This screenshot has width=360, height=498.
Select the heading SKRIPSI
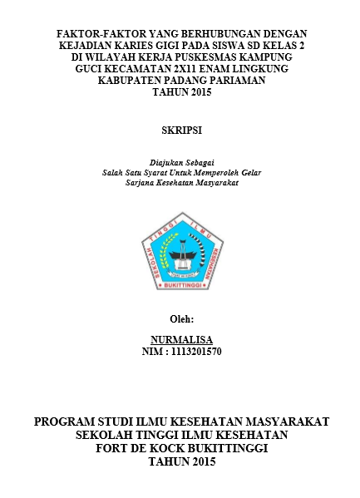180,131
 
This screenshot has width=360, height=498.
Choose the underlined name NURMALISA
180,341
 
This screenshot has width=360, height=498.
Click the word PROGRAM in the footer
67,422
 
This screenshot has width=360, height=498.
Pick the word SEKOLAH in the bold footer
106,436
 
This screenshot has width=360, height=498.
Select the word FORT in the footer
113,449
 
